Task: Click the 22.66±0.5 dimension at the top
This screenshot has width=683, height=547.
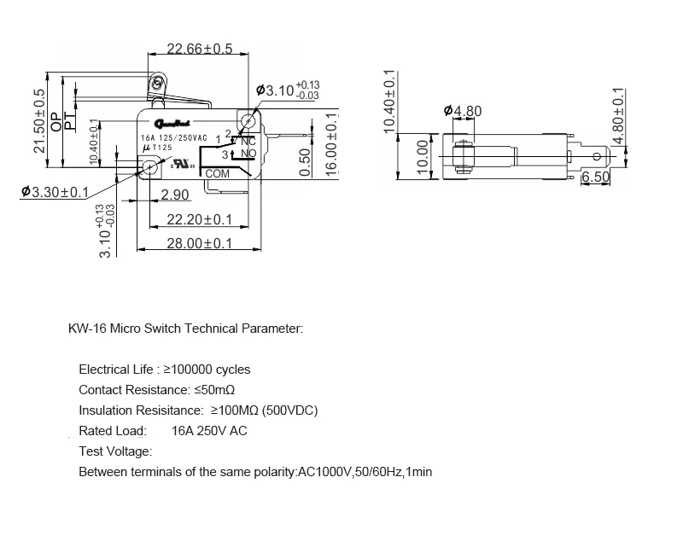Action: [x=199, y=49]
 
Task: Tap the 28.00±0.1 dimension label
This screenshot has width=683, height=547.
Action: [x=199, y=243]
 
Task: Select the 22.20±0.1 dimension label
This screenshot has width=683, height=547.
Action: [x=199, y=220]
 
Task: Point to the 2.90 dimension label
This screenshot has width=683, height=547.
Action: [x=174, y=195]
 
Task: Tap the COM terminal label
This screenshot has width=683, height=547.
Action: [x=218, y=173]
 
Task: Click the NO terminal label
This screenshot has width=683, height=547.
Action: [x=248, y=154]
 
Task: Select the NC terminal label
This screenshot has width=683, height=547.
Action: [x=248, y=142]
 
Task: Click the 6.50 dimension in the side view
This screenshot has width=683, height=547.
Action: [x=594, y=177]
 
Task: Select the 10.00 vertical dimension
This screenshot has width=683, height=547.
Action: [x=421, y=156]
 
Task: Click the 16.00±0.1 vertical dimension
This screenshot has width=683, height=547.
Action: [x=331, y=143]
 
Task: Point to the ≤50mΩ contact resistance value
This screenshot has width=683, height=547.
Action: [x=208, y=390]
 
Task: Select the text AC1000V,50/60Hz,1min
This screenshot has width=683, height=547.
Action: [x=365, y=471]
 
